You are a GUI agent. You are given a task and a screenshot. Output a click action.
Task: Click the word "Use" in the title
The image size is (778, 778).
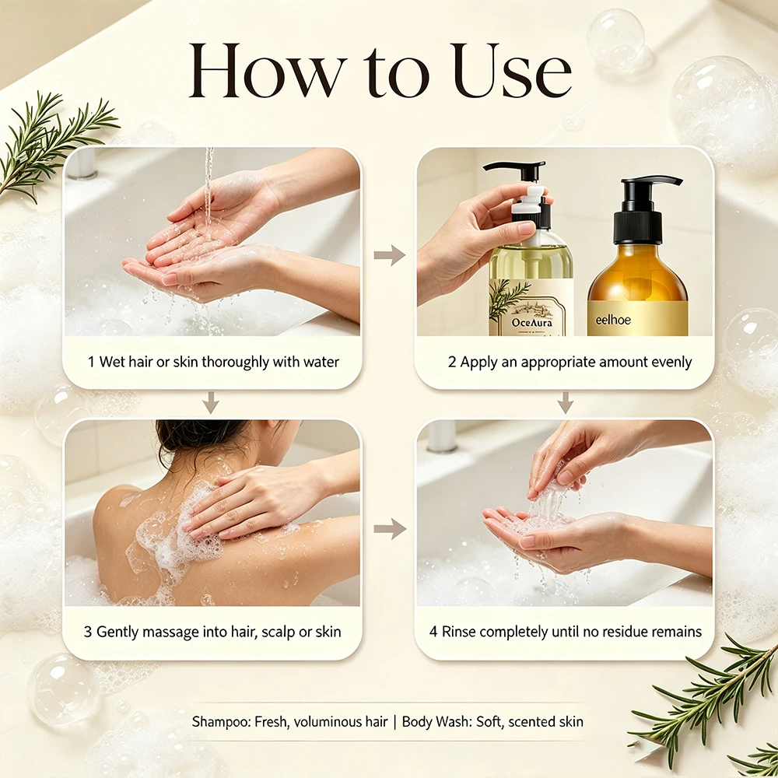point(512,71)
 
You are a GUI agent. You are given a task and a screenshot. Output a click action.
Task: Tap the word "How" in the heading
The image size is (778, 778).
point(268,71)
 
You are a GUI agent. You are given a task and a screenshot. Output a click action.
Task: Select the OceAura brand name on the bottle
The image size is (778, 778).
point(532,323)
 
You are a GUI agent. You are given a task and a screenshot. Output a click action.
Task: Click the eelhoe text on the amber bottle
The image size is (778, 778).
point(613,320)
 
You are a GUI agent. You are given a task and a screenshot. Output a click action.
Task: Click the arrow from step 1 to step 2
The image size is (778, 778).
point(390,255)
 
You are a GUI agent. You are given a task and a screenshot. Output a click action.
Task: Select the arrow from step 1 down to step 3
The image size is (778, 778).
point(211,402)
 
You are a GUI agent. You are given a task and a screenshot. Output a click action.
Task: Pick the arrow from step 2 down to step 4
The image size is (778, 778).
point(565,402)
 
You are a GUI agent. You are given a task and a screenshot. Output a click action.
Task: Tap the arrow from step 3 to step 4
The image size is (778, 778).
point(390,528)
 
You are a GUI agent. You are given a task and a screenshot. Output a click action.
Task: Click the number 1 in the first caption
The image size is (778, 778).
point(91,362)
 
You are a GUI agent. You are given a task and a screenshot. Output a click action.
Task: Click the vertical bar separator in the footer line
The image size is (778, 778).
point(395,722)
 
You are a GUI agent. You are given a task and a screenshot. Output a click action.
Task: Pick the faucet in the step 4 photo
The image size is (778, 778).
point(442,436)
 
